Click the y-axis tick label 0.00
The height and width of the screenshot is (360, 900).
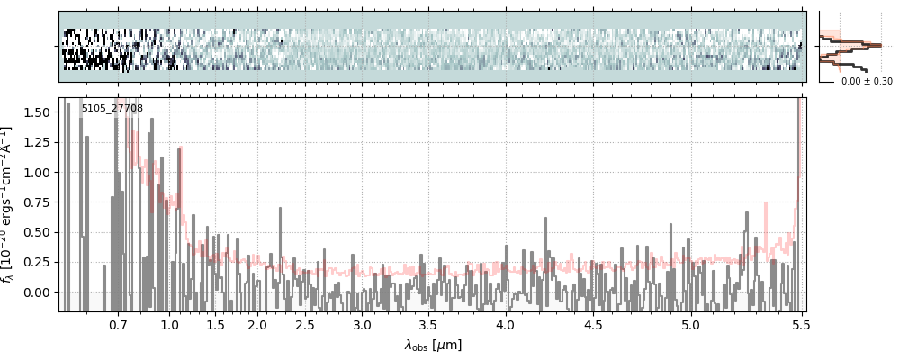tap(39, 292)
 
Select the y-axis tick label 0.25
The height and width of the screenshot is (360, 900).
tap(39, 262)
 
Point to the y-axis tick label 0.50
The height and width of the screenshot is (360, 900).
tap(39, 232)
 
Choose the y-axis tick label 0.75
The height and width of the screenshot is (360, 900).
tap(39, 202)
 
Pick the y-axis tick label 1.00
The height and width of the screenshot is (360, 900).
tap(39, 172)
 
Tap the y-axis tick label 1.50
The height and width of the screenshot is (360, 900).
tap(39, 112)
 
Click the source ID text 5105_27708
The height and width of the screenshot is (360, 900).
tap(112, 109)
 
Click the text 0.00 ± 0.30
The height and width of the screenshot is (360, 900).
tap(867, 82)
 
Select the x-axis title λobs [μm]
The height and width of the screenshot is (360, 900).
tap(433, 345)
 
